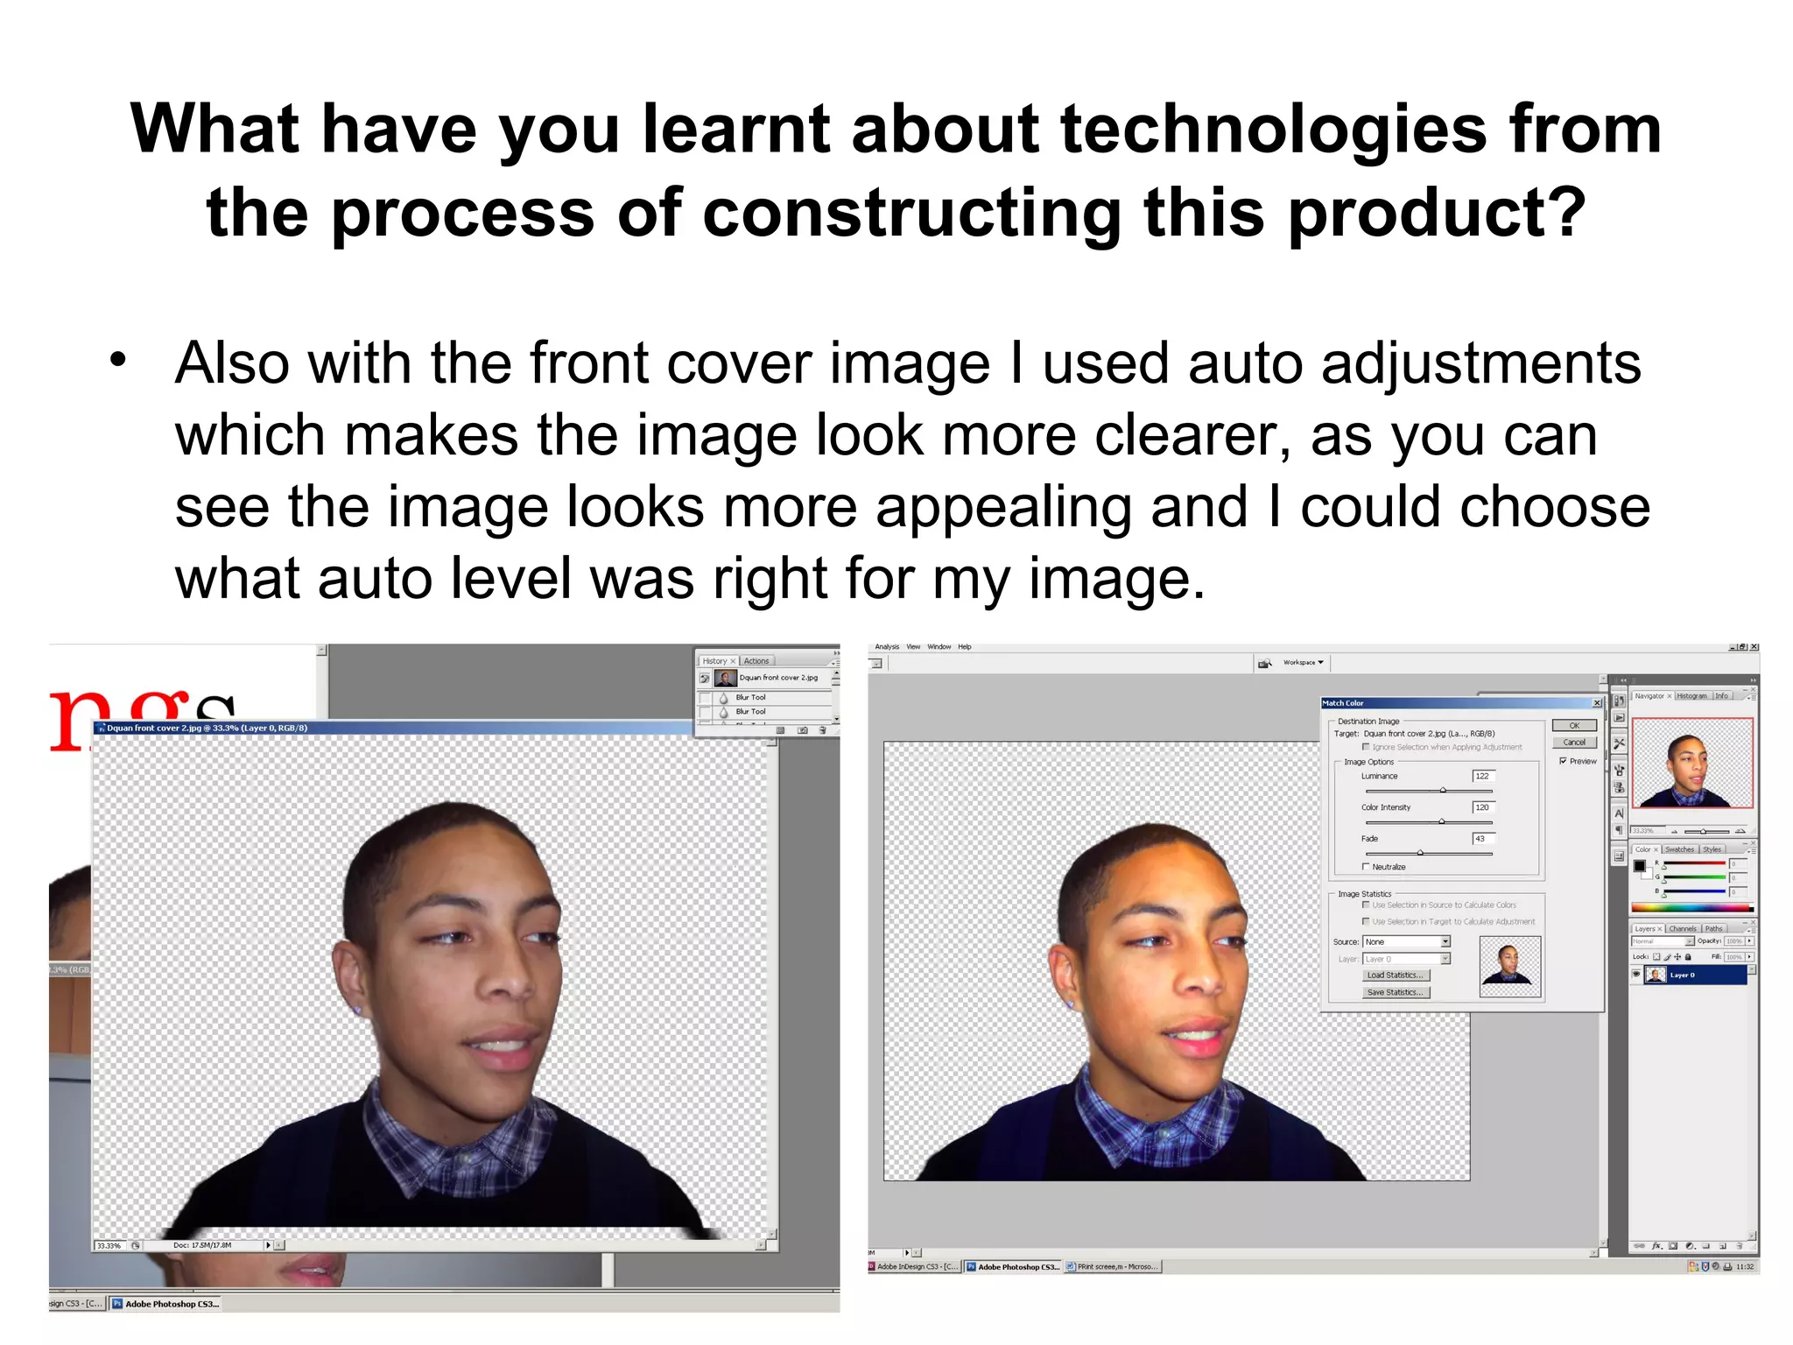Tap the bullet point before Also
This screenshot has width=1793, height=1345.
coord(118,360)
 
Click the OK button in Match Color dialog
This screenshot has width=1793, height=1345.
coord(1574,725)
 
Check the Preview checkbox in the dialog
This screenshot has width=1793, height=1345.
coord(1564,761)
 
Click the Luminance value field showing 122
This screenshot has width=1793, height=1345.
coord(1483,776)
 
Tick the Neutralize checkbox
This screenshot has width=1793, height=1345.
coord(1366,867)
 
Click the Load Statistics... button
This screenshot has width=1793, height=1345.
coord(1396,975)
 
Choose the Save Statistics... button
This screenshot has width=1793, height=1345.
coord(1396,992)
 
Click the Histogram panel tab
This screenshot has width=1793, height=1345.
coord(1691,696)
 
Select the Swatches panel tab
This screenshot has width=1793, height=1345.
coord(1679,849)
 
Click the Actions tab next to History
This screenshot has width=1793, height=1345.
coord(756,661)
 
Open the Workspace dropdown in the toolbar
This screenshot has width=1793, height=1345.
coord(1304,663)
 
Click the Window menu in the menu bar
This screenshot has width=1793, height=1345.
coord(939,647)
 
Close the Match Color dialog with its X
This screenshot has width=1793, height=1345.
coord(1596,703)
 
